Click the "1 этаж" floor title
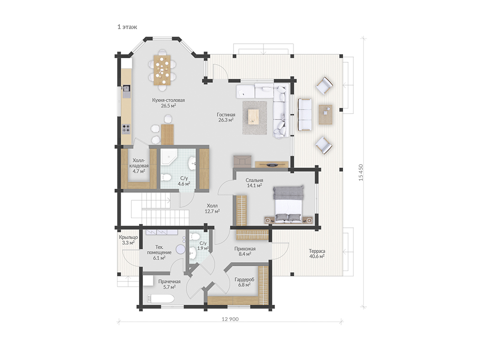click(127, 27)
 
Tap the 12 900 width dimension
click(230, 319)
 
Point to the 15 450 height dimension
click(361, 173)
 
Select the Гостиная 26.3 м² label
click(226, 117)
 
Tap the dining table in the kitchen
click(163, 70)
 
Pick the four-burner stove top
click(126, 129)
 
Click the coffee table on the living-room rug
click(254, 117)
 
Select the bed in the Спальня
click(288, 203)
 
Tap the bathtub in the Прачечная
click(160, 299)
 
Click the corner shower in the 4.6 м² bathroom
click(168, 157)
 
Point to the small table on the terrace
click(325, 115)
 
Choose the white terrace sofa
click(304, 115)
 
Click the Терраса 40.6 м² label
click(317, 254)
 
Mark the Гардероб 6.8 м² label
click(245, 282)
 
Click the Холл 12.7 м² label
click(212, 208)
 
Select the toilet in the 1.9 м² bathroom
click(195, 237)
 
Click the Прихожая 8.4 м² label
click(245, 251)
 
